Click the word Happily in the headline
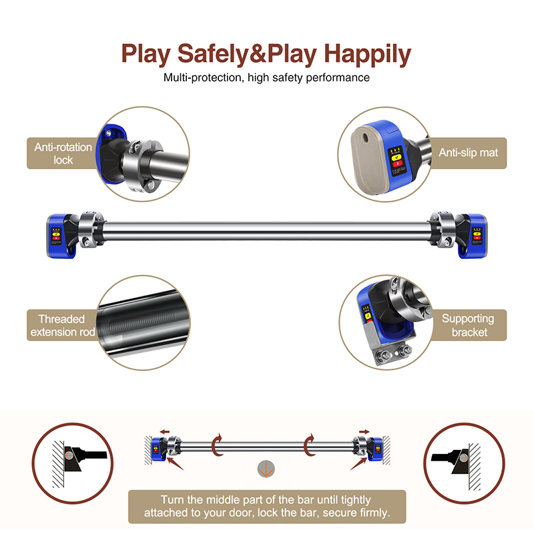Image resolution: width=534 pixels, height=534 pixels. coord(368,54)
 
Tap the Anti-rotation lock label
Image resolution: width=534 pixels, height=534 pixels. coord(63,154)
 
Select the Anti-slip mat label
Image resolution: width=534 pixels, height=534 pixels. coord(469,153)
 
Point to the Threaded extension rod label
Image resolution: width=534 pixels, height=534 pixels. coord(63,325)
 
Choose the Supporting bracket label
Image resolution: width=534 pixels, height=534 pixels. coord(469,325)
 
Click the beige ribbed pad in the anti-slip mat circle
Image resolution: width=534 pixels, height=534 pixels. coord(368,160)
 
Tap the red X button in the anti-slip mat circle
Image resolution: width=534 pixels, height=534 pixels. coord(398,164)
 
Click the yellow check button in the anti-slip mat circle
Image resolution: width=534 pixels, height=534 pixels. coord(396,158)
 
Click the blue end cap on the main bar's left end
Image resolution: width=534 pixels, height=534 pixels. coord(59,236)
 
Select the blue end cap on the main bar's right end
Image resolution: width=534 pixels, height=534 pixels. coord(473,236)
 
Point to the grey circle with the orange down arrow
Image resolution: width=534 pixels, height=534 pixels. coord(266,469)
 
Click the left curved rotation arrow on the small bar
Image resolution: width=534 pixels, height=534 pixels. coord(216,445)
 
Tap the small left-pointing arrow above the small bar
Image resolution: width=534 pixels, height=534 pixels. coord(165,432)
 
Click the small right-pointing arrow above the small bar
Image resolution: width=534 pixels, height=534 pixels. coord(364,432)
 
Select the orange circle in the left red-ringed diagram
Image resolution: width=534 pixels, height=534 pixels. coord(69,455)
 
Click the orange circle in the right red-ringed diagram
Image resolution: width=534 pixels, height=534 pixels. coord(463,458)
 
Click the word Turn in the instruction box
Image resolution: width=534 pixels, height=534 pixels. coord(172,499)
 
